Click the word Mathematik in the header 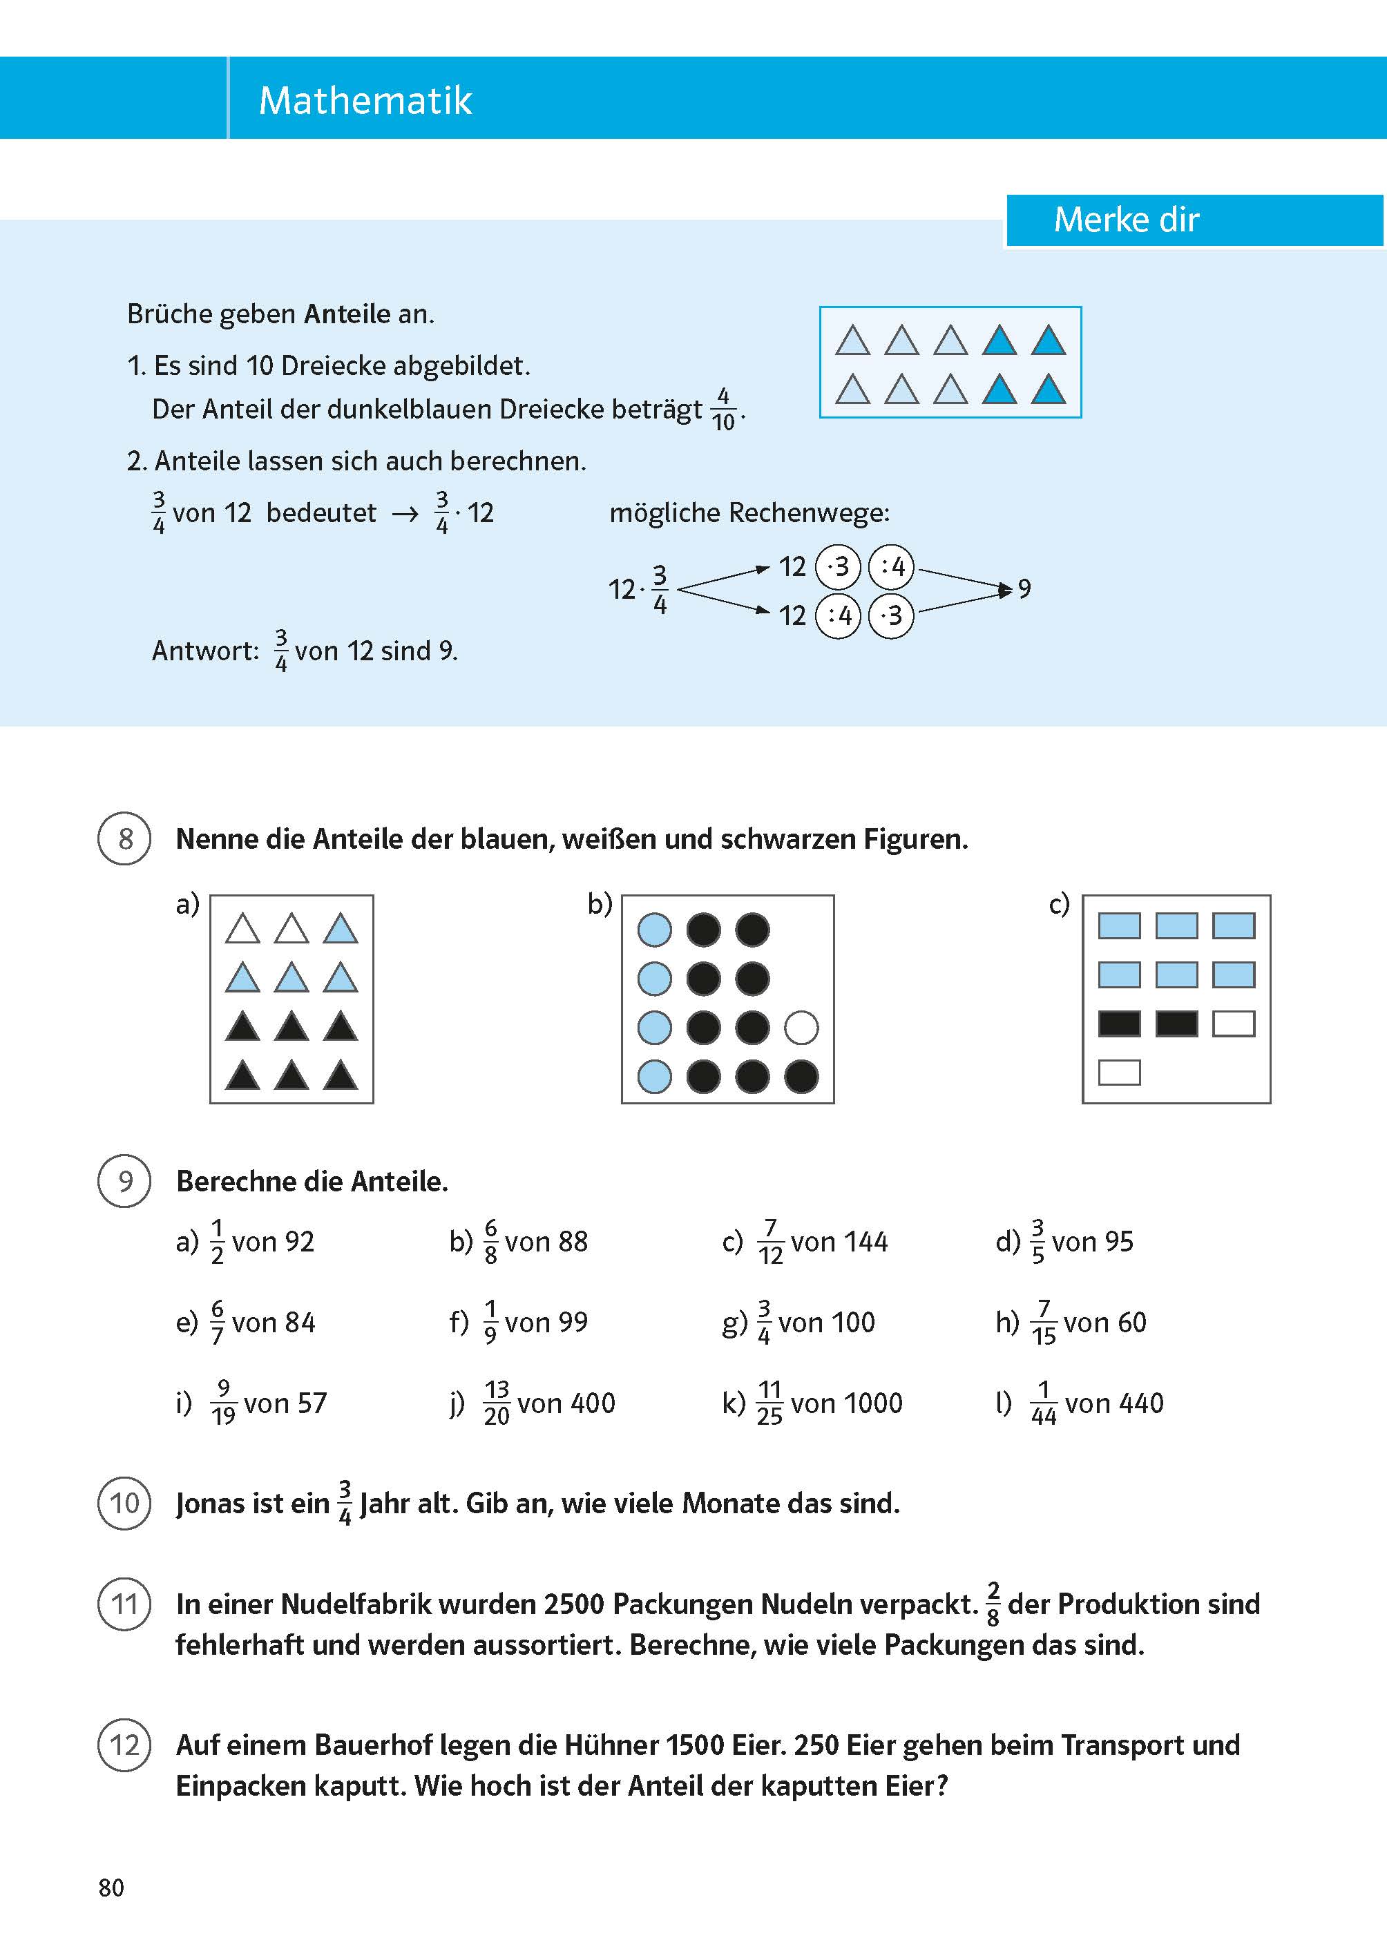365,101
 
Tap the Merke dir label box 1126,220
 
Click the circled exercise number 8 125,838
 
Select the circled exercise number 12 125,1745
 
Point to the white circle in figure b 801,1027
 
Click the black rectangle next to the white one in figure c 1176,1024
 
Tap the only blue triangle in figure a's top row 340,929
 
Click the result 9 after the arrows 1024,588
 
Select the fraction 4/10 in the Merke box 723,410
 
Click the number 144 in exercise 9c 863,1242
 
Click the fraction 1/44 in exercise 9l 1043,1403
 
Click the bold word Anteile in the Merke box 347,314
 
